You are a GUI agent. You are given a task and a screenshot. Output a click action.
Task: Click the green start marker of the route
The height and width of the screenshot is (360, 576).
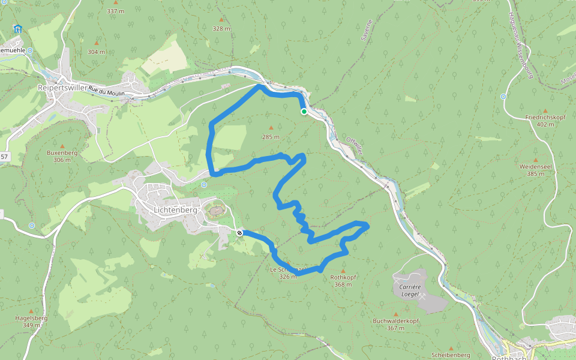pyautogui.click(x=304, y=112)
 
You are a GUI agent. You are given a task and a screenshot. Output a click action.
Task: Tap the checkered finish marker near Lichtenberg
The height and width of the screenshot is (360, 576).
pyautogui.click(x=239, y=233)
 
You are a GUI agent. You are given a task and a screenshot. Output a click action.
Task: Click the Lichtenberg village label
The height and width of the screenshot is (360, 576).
pyautogui.click(x=175, y=211)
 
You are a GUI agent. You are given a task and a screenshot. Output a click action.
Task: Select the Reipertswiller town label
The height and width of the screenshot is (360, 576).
pyautogui.click(x=62, y=88)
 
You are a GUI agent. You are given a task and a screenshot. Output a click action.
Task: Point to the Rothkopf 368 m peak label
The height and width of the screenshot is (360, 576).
pyautogui.click(x=343, y=281)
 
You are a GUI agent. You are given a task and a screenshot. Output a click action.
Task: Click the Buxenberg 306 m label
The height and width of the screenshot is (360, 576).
pyautogui.click(x=62, y=156)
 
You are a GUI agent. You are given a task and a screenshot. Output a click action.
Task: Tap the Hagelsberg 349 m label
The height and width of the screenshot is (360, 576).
pyautogui.click(x=31, y=322)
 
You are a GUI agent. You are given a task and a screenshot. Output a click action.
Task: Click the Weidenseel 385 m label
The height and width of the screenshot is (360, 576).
pyautogui.click(x=536, y=169)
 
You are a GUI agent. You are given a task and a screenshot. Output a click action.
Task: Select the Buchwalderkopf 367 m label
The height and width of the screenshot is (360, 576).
pyautogui.click(x=395, y=324)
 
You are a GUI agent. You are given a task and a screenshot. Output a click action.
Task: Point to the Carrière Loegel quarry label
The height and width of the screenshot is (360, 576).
pyautogui.click(x=412, y=290)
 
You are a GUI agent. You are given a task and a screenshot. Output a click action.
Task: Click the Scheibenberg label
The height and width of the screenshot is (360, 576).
pyautogui.click(x=451, y=347)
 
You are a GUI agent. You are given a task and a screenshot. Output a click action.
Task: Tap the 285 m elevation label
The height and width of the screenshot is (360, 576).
pyautogui.click(x=271, y=137)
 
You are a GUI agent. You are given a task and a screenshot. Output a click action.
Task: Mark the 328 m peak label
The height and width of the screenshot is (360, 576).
pyautogui.click(x=221, y=29)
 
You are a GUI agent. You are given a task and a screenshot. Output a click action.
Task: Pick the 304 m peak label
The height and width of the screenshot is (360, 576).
pyautogui.click(x=96, y=52)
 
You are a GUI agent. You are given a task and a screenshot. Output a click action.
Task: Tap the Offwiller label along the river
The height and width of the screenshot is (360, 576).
pyautogui.click(x=355, y=147)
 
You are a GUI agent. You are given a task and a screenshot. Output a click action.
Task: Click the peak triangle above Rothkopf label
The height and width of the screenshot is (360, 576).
pyautogui.click(x=343, y=271)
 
